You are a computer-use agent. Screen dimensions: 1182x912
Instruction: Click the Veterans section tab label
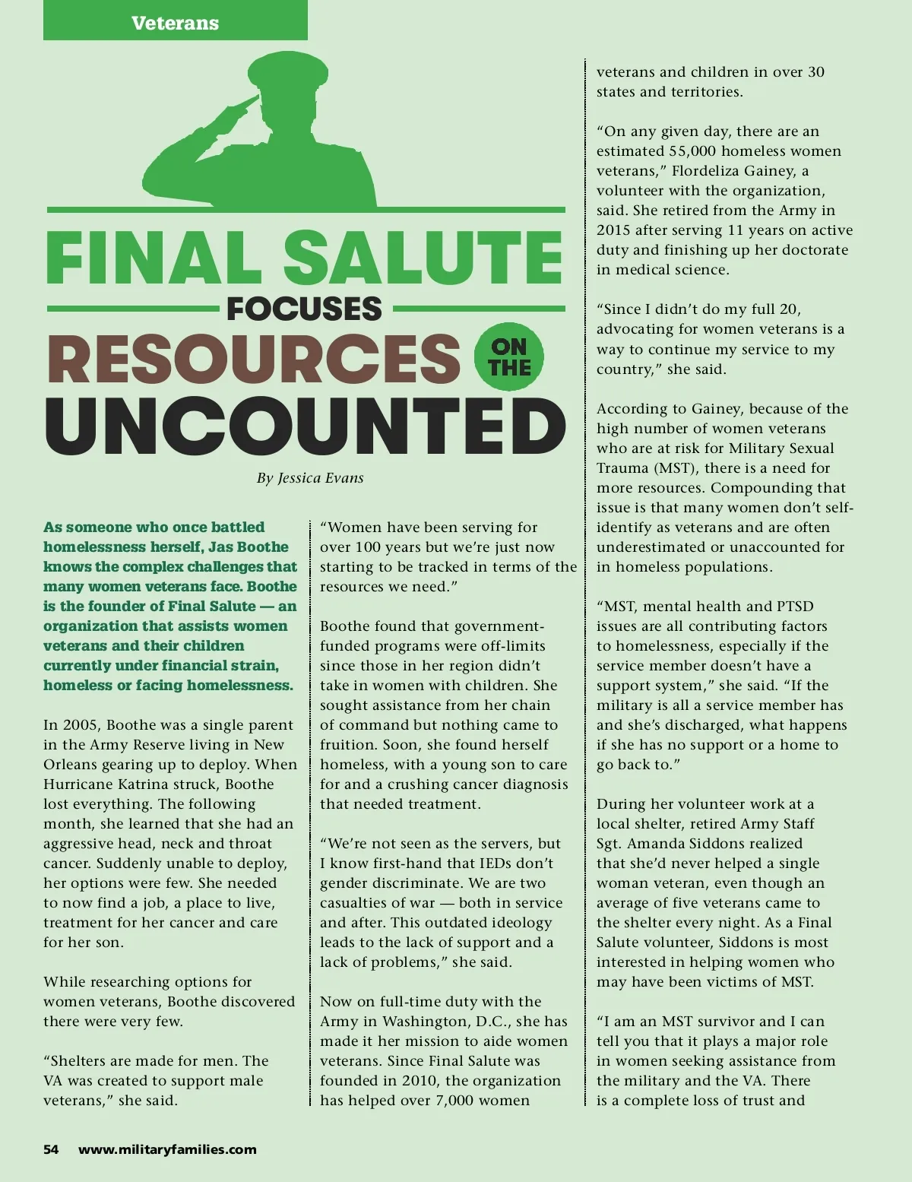(x=175, y=23)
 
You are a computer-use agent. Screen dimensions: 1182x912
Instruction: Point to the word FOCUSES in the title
(x=304, y=309)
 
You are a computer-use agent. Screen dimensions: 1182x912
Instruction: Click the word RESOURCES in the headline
(x=254, y=359)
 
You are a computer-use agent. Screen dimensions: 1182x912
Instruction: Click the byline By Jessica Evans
(x=310, y=478)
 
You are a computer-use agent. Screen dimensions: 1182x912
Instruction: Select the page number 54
(x=51, y=1149)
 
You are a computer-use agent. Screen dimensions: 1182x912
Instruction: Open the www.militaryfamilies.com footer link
(x=167, y=1149)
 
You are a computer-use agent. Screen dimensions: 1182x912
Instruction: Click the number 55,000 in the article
(x=694, y=151)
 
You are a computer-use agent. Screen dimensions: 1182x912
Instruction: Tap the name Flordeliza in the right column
(x=702, y=170)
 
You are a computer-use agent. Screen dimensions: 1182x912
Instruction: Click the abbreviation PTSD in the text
(x=795, y=606)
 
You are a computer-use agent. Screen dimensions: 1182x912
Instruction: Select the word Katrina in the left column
(x=157, y=784)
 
